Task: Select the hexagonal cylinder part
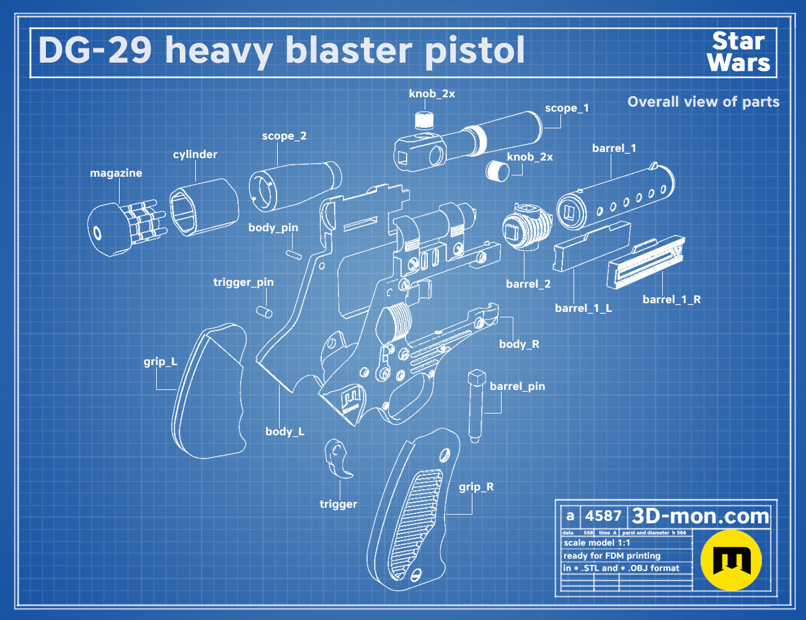[x=204, y=207]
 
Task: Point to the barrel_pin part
[x=476, y=406]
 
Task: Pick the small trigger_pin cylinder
[x=264, y=312]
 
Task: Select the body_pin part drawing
[x=293, y=254]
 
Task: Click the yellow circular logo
[x=731, y=560]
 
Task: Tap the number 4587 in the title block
[x=603, y=516]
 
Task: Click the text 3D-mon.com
[x=700, y=516]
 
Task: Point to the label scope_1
[x=567, y=108]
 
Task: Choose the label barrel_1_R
[x=671, y=299]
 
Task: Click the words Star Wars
[x=739, y=52]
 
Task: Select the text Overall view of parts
[x=703, y=102]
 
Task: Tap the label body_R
[x=520, y=343]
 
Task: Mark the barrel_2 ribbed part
[x=527, y=227]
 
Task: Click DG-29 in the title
[x=95, y=50]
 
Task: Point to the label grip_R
[x=476, y=487]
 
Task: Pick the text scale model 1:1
[x=596, y=543]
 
